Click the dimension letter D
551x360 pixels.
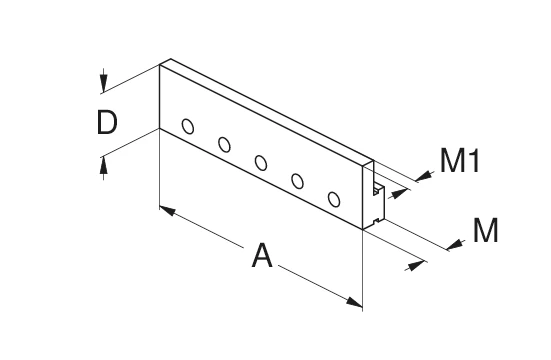(107, 123)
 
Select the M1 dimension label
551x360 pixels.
(461, 161)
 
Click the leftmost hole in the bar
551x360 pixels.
(188, 126)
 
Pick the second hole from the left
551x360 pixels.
(224, 145)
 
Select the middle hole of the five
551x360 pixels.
(261, 162)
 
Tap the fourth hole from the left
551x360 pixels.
(297, 181)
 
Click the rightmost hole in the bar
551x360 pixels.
(334, 199)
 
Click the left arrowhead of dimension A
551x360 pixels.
(167, 212)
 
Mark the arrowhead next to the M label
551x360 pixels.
(456, 242)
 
